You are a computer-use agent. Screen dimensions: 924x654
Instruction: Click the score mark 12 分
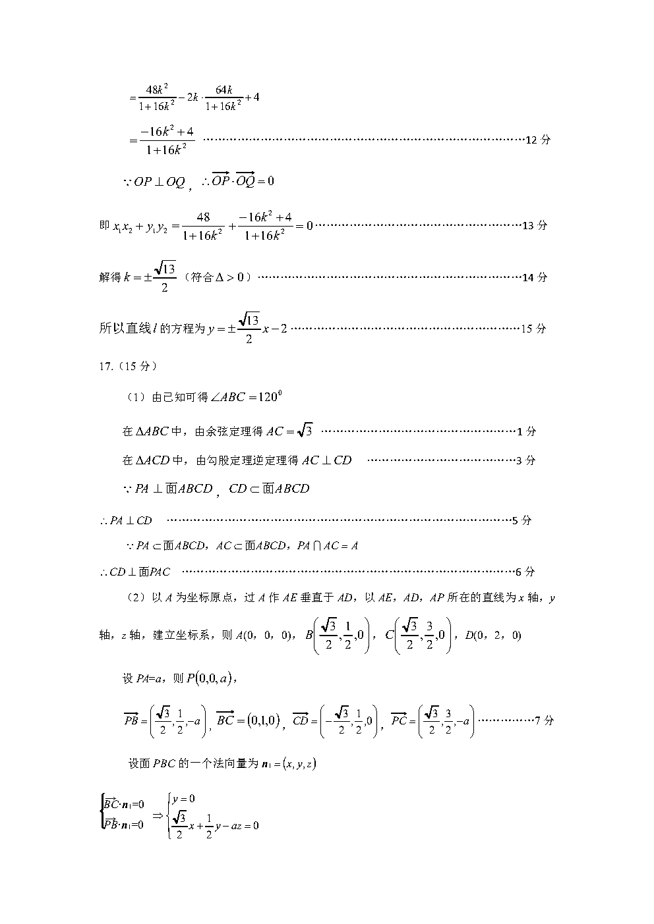[538, 140]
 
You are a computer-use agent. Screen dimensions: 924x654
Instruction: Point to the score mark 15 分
[533, 329]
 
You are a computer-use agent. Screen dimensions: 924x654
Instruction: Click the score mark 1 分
[527, 432]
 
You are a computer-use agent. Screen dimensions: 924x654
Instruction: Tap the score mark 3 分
[526, 460]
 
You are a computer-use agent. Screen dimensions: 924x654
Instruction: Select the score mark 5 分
[522, 520]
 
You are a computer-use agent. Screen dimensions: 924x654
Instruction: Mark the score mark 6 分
[525, 572]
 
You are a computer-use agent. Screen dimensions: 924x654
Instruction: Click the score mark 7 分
[545, 720]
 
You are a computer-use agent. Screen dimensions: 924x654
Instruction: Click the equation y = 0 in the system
[183, 799]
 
